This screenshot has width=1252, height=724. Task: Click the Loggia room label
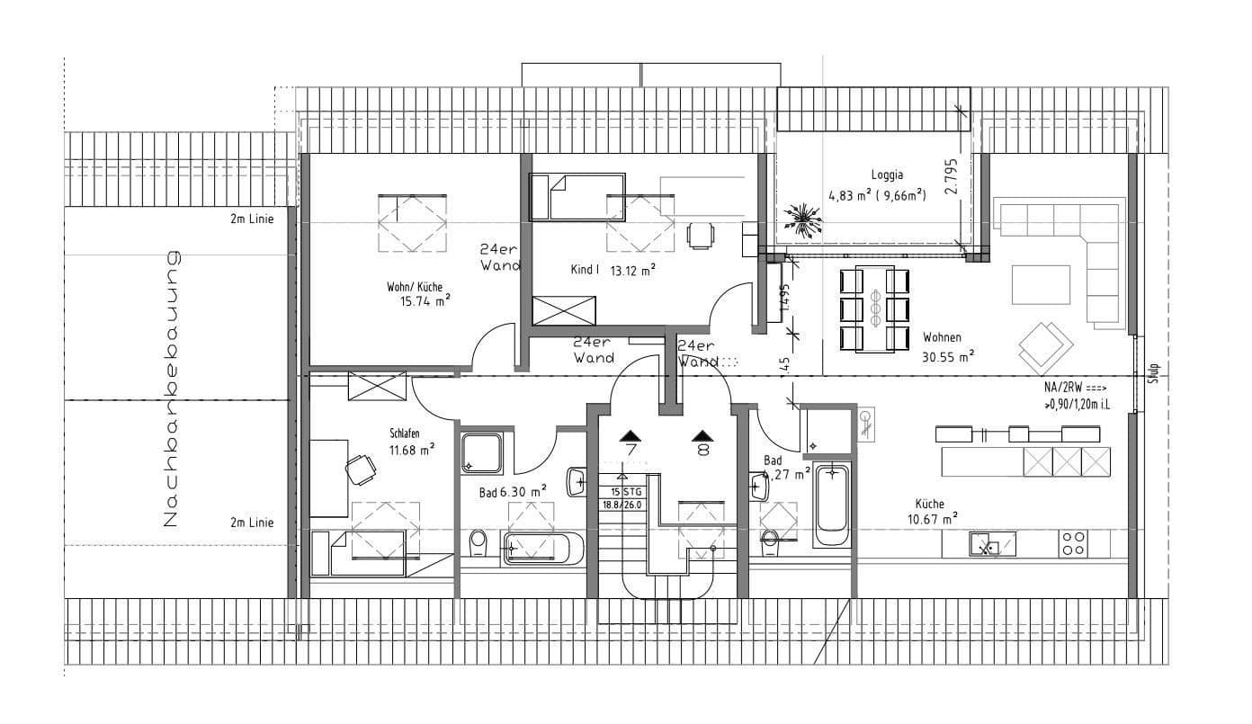pos(887,175)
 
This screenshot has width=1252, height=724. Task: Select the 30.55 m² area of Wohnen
pos(947,356)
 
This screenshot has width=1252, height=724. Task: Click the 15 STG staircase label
pos(627,491)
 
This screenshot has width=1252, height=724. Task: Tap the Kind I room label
pos(584,269)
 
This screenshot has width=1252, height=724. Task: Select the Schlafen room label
pos(405,434)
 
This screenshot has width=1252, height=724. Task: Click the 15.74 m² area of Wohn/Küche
pos(425,302)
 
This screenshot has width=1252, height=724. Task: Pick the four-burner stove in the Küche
pos(1073,542)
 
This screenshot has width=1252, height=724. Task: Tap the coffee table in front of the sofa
pos(1042,285)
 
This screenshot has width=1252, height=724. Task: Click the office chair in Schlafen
pos(361,468)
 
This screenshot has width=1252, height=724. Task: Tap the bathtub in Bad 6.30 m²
pos(544,548)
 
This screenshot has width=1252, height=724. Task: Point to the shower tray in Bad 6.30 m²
pos(482,451)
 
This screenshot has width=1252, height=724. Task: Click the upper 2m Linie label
pos(252,217)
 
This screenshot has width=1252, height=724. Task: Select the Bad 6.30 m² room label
pos(513,492)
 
